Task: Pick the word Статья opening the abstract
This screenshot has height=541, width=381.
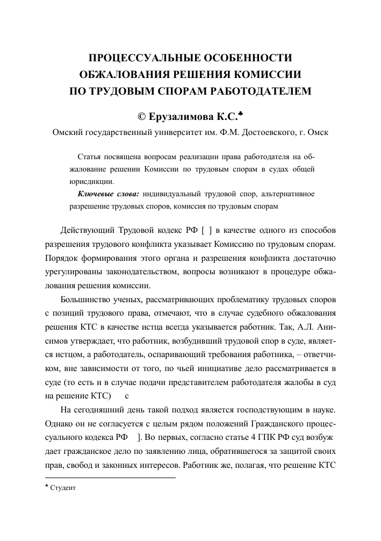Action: tap(90, 158)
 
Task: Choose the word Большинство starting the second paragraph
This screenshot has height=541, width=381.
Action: tap(88, 300)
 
